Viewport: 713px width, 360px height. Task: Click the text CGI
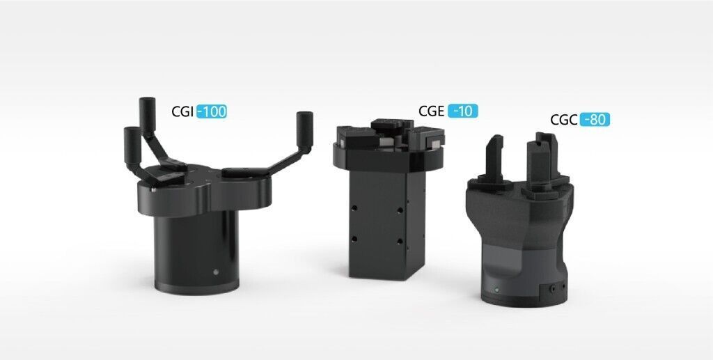[183, 112]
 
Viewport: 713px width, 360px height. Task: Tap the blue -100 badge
[212, 112]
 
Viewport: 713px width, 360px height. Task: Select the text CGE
[432, 111]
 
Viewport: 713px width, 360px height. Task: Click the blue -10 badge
[462, 111]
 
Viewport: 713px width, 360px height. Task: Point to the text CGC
[564, 120]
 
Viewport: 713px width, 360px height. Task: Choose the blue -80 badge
[595, 120]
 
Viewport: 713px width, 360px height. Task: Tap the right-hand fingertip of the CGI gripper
[305, 129]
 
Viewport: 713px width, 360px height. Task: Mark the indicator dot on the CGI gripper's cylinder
[216, 272]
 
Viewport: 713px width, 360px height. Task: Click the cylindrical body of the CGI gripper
[196, 248]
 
